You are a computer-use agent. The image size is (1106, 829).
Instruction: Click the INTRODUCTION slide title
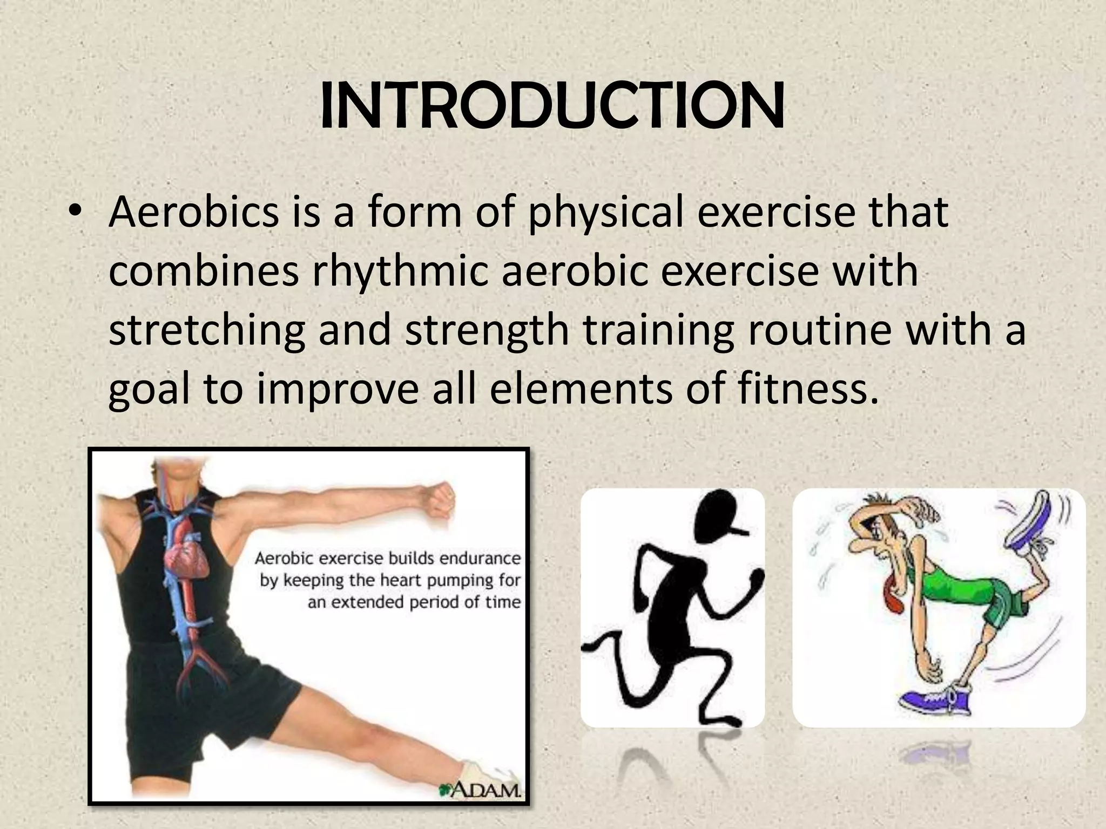tap(552, 107)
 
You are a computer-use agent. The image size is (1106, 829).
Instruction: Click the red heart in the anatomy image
tap(187, 561)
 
